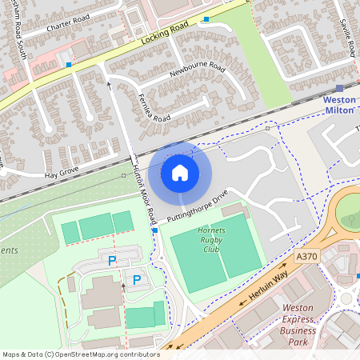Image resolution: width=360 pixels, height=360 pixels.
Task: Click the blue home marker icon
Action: tap(179, 173)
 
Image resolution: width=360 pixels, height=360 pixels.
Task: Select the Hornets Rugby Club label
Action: tap(212, 239)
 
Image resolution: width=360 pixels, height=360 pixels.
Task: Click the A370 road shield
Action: tap(306, 257)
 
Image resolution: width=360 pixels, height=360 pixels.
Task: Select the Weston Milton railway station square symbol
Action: tap(340, 89)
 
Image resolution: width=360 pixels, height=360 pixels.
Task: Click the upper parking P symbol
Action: tap(112, 260)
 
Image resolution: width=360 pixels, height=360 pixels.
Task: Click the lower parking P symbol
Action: tap(137, 279)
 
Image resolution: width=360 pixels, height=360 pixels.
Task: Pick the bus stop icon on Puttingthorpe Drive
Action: tap(154, 230)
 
